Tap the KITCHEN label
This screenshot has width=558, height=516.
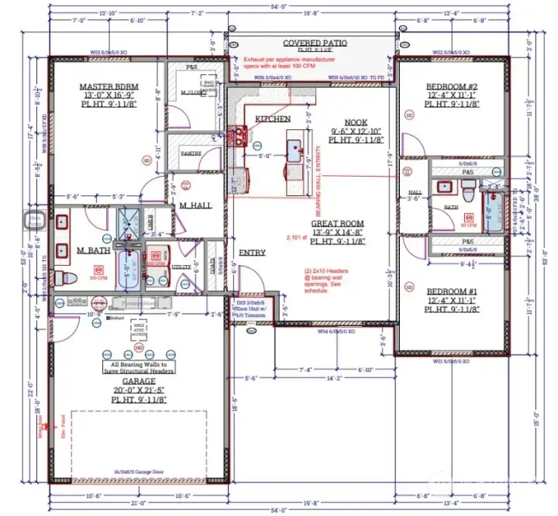pos(273,119)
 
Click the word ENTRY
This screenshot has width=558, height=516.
pos(252,253)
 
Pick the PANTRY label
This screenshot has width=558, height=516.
pos(191,153)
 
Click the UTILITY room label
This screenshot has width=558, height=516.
pos(181,267)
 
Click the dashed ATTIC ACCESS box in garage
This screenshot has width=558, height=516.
pos(140,329)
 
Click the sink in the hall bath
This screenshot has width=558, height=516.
pos(445,187)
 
